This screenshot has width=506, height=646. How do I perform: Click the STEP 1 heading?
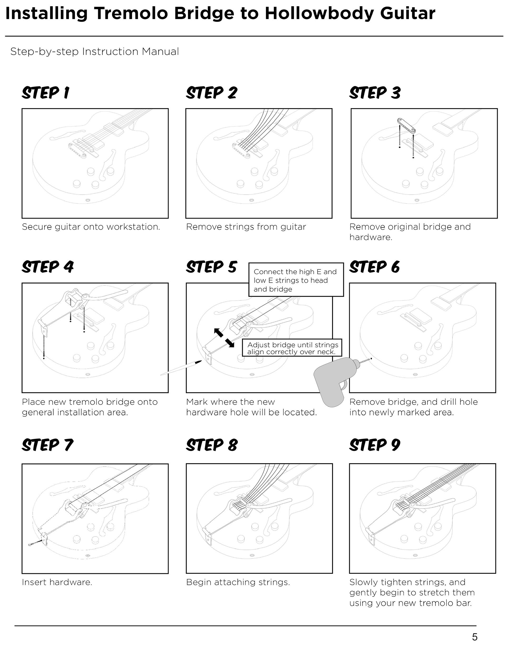[x=46, y=93]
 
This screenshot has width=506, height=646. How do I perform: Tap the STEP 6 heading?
[x=374, y=267]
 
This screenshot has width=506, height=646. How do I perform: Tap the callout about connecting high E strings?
[x=296, y=280]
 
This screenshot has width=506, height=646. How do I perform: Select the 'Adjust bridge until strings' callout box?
[x=292, y=348]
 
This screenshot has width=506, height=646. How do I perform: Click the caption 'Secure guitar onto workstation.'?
[x=91, y=227]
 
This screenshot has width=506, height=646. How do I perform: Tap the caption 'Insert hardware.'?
[x=57, y=582]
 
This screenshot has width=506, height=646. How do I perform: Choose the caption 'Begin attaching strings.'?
[x=238, y=582]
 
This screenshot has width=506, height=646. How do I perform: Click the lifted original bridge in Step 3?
[x=406, y=125]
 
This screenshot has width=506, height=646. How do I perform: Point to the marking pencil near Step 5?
[x=181, y=368]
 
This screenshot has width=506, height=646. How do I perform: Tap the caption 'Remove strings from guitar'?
[x=246, y=227]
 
